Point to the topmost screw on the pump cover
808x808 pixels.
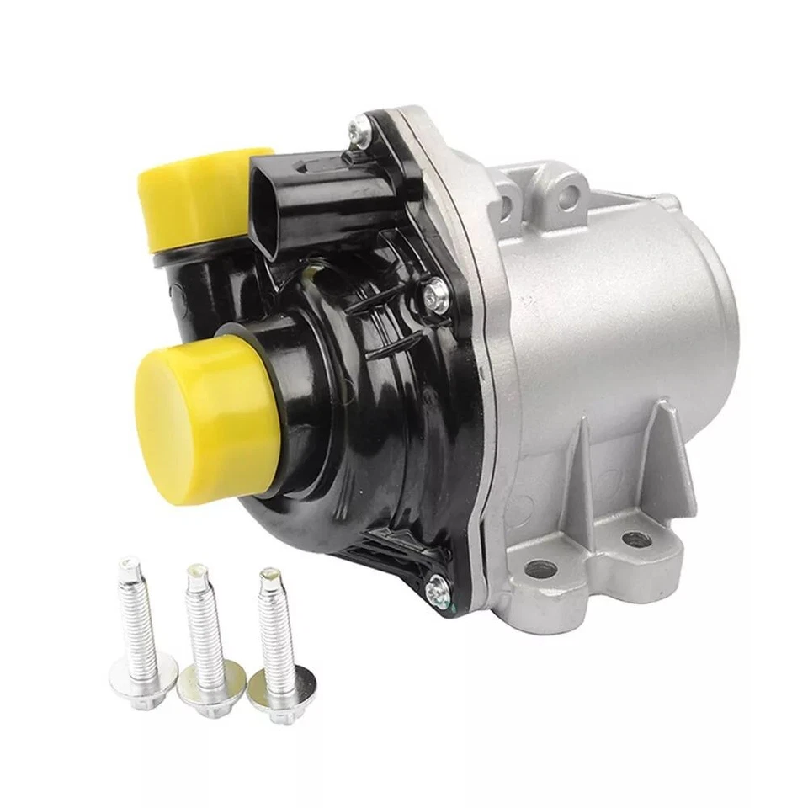357,127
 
